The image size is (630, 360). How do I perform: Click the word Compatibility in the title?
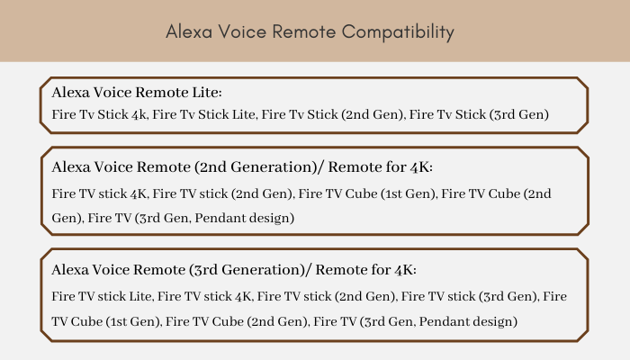398,32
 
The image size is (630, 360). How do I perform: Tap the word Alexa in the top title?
189,31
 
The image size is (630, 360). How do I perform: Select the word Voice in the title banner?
242,31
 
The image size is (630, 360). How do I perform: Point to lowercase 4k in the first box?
139,114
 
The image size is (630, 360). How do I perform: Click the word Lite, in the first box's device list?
244,114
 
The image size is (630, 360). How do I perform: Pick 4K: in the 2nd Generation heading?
421,167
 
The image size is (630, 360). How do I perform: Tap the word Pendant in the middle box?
220,218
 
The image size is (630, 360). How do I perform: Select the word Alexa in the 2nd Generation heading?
71,167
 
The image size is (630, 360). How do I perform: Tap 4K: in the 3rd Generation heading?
405,270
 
